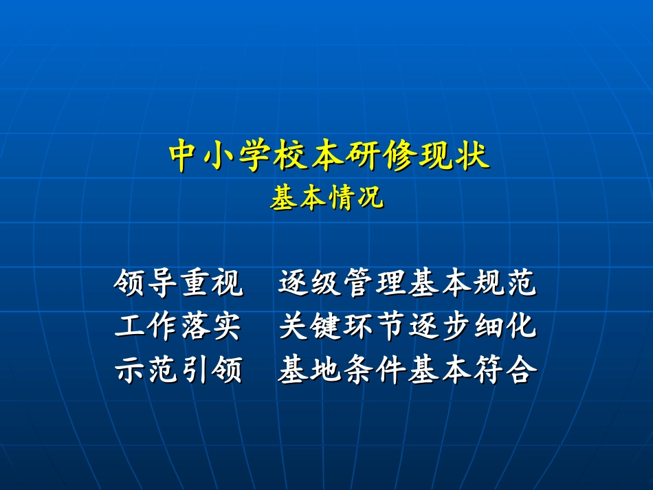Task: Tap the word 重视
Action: [x=212, y=283]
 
